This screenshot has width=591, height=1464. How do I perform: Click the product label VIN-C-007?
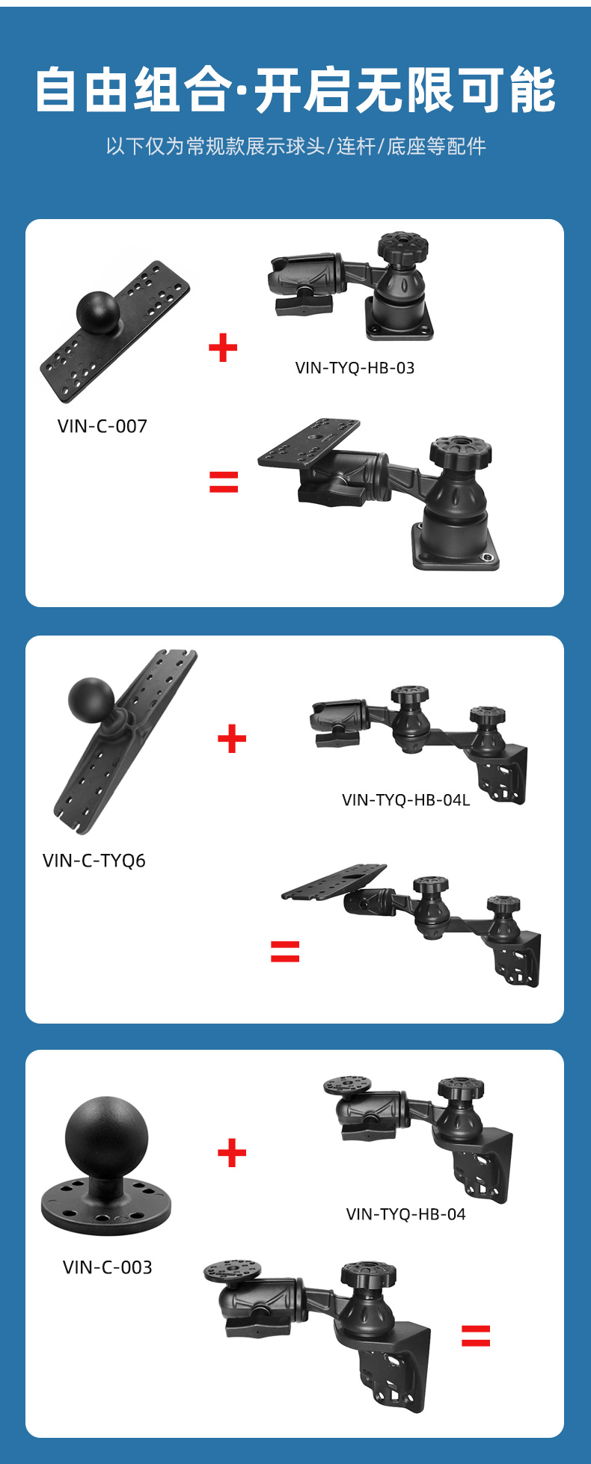pos(102,426)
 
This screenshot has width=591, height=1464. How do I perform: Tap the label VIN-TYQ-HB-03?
pos(355,368)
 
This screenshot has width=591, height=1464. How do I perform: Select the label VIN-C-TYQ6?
pos(94,861)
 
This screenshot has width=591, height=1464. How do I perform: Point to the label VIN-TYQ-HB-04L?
pos(406,800)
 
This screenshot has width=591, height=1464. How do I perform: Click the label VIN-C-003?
pos(108,1267)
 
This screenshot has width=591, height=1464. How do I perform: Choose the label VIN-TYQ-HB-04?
pos(406,1214)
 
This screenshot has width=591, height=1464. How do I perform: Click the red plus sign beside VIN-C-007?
pos(223,348)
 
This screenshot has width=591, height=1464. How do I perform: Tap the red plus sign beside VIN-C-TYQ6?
pos(232,739)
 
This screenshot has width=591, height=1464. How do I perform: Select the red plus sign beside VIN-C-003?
pos(232,1152)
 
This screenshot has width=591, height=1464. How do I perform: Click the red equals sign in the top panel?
pos(224,482)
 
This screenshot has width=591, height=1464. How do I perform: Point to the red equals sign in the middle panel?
pos(285,951)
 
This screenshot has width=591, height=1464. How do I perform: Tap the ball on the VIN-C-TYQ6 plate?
pos(91,700)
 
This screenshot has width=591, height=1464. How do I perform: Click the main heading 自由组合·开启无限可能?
pos(295,90)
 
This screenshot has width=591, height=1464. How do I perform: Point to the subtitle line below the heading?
pos(296,146)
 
